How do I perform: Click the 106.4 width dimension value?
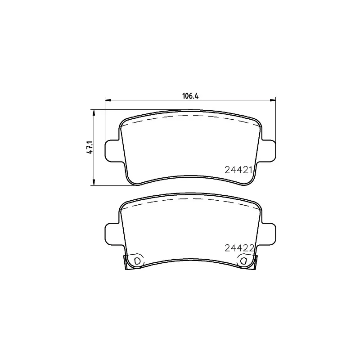click(190, 96)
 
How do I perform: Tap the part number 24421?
click(238, 170)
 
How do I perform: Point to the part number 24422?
click(239, 248)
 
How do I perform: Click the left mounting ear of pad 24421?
click(112, 151)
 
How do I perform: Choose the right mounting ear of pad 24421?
click(268, 151)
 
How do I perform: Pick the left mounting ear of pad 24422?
click(112, 234)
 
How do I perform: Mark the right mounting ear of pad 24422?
click(268, 234)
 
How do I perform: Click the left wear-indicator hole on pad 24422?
click(137, 261)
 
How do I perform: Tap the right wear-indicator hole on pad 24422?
click(243, 261)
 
